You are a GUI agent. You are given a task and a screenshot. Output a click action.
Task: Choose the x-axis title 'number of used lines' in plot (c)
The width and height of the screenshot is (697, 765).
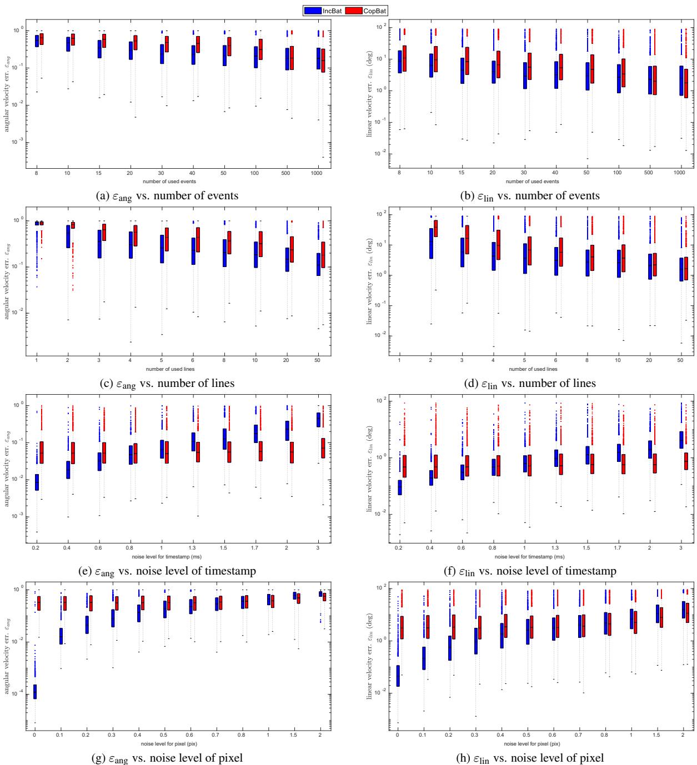171,369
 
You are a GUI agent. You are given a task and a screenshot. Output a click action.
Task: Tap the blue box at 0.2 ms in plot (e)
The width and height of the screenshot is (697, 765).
37,482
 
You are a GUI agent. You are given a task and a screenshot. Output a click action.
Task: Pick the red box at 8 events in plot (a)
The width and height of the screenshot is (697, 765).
41,39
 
